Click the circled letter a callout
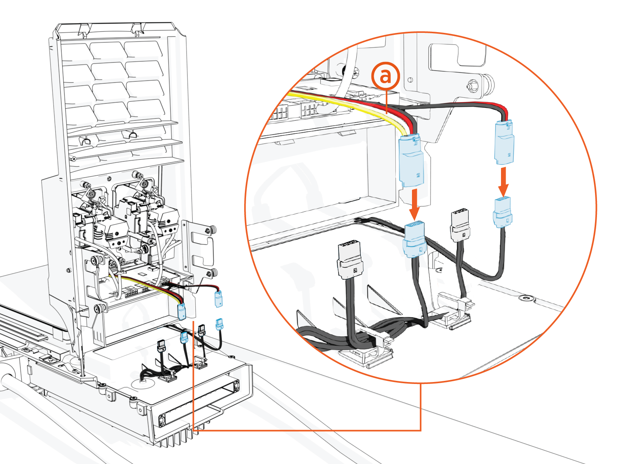coord(385,76)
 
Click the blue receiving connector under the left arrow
coord(414,240)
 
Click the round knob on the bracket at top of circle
coord(473,85)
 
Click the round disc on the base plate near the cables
coord(141,383)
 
